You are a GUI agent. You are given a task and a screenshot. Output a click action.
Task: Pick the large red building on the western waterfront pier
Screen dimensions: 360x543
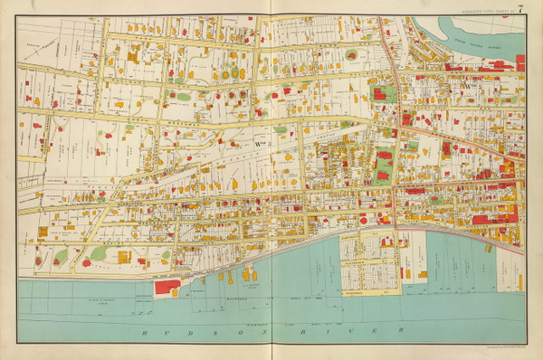(167, 287)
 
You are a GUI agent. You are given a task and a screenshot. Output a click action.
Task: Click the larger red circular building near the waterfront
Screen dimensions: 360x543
(364, 219)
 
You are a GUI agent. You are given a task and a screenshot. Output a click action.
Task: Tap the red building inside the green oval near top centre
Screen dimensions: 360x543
(351, 54)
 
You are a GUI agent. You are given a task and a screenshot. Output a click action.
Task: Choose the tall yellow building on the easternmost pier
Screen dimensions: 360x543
(405, 271)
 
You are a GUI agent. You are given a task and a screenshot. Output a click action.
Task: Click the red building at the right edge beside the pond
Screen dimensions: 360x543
(520, 62)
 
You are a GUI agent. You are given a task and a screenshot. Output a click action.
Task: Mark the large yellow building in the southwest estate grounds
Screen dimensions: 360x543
(122, 257)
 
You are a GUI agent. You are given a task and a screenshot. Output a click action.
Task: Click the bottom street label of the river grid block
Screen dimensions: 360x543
(366, 292)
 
